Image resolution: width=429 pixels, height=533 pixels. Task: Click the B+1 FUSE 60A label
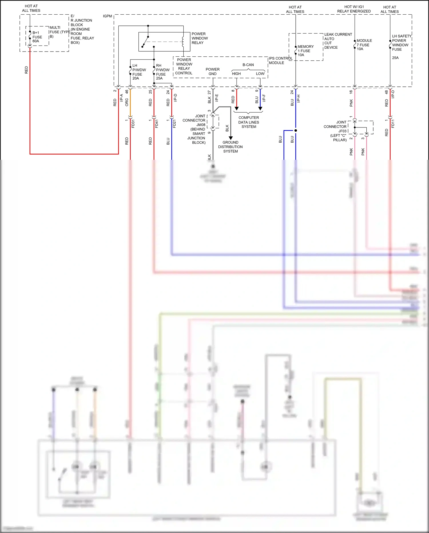(x=37, y=37)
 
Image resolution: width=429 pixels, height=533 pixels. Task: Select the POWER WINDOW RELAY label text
(x=199, y=38)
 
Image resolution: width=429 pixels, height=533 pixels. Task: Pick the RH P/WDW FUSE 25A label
(x=162, y=72)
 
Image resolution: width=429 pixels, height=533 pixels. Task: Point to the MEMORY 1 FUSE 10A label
(x=305, y=51)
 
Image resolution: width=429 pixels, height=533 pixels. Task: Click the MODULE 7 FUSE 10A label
(x=364, y=45)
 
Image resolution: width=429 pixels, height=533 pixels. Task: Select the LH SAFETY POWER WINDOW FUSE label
(x=401, y=43)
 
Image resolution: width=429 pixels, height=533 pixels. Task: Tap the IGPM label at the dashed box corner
(x=108, y=16)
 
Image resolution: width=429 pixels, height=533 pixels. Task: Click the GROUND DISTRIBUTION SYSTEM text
(x=230, y=147)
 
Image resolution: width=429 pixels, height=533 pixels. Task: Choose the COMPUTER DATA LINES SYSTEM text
(x=249, y=122)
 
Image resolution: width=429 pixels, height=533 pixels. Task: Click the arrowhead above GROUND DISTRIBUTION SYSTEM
(x=231, y=138)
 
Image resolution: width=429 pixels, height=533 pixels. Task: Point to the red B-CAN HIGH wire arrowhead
(x=237, y=109)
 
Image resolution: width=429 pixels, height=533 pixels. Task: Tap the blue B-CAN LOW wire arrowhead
(x=260, y=109)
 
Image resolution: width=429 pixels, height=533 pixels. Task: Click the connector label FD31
(x=133, y=124)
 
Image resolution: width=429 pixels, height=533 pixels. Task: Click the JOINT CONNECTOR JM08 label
(x=194, y=129)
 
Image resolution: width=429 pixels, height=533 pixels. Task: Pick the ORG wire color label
(x=127, y=102)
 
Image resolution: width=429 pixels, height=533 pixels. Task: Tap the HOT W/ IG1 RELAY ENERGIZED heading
(x=354, y=9)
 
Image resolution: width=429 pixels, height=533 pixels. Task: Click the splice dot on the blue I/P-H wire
(x=296, y=130)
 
